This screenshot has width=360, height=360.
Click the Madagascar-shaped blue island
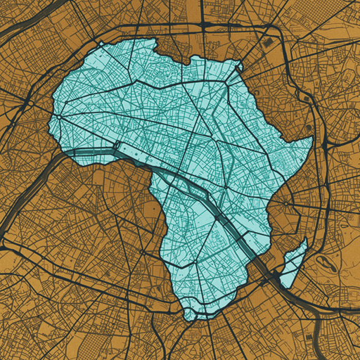pyautogui.click(x=293, y=264)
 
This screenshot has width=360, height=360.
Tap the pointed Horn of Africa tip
pyautogui.click(x=311, y=139)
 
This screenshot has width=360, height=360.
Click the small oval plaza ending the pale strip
pyautogui.click(x=117, y=146)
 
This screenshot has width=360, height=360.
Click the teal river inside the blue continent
pyautogui.click(x=204, y=197)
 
